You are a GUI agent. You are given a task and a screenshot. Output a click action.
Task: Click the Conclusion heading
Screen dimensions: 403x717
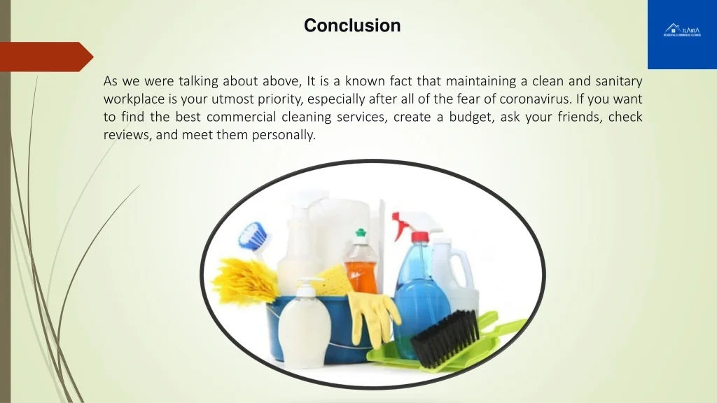click(x=352, y=26)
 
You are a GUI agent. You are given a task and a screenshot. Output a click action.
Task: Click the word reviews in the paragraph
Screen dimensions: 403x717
click(x=125, y=135)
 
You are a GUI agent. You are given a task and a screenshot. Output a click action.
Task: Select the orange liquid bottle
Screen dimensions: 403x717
click(x=361, y=266)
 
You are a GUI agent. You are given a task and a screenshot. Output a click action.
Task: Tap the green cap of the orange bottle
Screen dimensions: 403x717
click(x=361, y=233)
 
